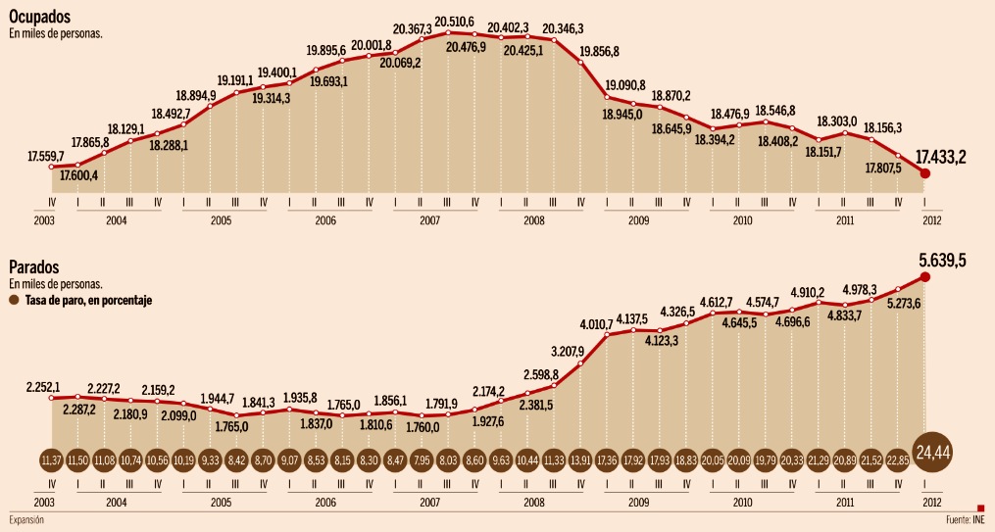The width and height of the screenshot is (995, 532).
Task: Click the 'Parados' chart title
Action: pyautogui.click(x=34, y=267)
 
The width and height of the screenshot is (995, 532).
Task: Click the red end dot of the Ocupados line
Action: pyautogui.click(x=925, y=172)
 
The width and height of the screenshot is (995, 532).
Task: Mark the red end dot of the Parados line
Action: pyautogui.click(x=925, y=276)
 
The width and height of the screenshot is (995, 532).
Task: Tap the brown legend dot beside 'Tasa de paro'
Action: pyautogui.click(x=14, y=301)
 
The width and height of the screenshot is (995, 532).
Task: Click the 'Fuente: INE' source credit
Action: pyautogui.click(x=965, y=519)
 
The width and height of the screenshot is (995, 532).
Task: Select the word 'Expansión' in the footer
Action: pyautogui.click(x=27, y=519)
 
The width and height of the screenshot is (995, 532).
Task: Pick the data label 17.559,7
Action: pyautogui.click(x=46, y=156)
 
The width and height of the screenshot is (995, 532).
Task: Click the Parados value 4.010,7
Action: pyautogui.click(x=596, y=323)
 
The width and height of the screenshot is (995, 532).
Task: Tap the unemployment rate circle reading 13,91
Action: pyautogui.click(x=582, y=459)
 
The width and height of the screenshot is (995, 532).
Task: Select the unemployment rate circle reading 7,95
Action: pyautogui.click(x=423, y=459)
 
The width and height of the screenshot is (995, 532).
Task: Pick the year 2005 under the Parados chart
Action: pyautogui.click(x=222, y=502)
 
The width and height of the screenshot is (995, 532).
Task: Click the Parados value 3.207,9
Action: pyautogui.click(x=568, y=351)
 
